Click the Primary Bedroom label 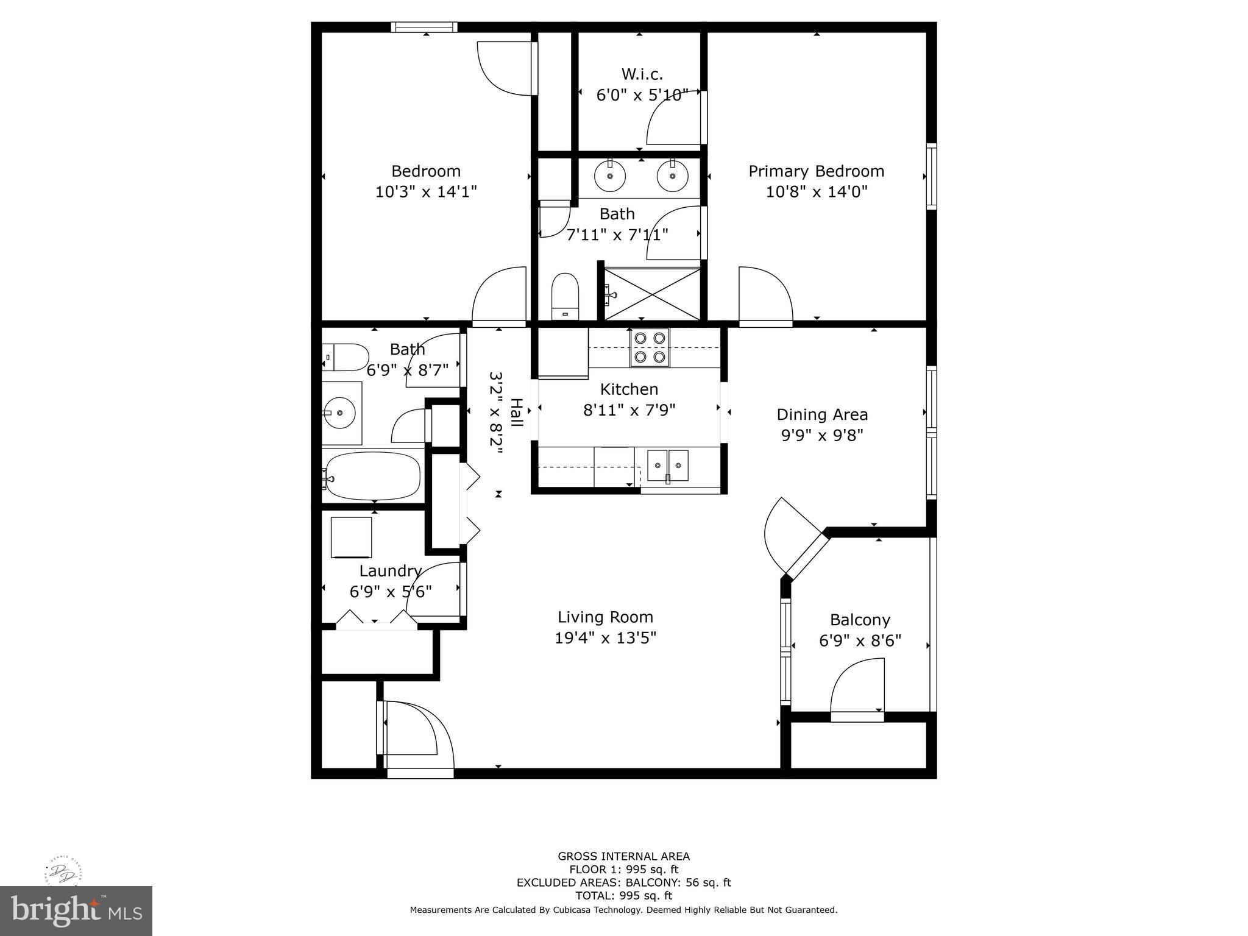click(x=816, y=171)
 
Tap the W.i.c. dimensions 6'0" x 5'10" click(x=642, y=95)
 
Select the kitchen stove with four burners click(x=650, y=347)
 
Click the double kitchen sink click(x=667, y=466)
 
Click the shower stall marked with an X click(x=652, y=294)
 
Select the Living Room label click(x=605, y=617)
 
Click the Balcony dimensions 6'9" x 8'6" click(x=860, y=641)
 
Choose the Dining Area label click(x=822, y=415)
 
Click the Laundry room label click(x=390, y=571)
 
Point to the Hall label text click(x=516, y=413)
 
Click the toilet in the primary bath click(x=565, y=296)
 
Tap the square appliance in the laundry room click(x=351, y=537)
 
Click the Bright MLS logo click(x=76, y=910)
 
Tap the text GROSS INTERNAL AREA click(x=623, y=856)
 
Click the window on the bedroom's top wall click(x=424, y=27)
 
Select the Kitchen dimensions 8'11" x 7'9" click(x=629, y=410)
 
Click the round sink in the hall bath click(x=339, y=413)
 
